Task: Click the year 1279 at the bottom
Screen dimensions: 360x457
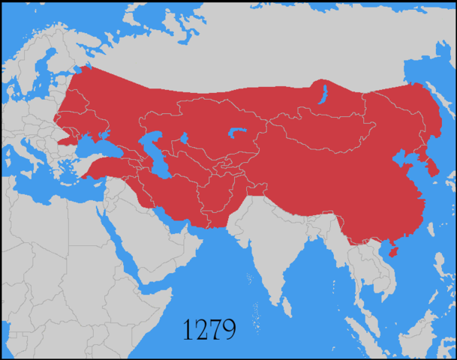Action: [209, 328]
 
